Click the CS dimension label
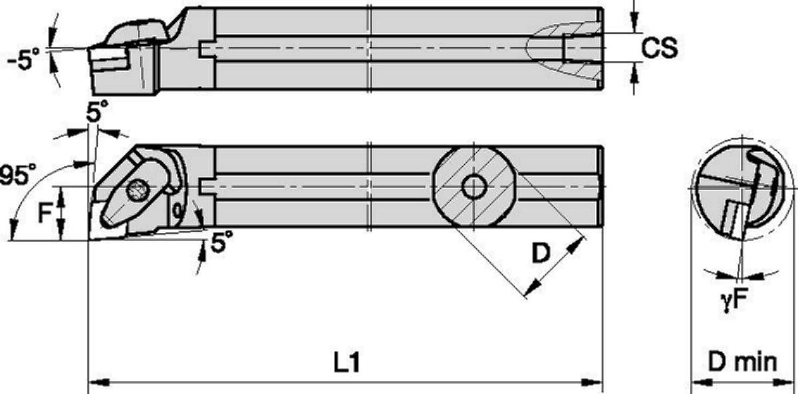[660, 49]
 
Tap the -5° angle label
[23, 59]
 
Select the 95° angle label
[18, 175]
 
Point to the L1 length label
[347, 363]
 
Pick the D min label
[742, 362]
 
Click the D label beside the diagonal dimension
[541, 253]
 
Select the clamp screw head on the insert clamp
[136, 191]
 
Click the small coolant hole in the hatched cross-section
[473, 187]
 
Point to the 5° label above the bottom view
[97, 111]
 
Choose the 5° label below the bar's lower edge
[222, 241]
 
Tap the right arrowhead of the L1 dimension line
[592, 383]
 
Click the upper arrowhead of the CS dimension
[634, 22]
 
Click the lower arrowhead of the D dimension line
[533, 288]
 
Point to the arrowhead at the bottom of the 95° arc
[13, 230]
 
